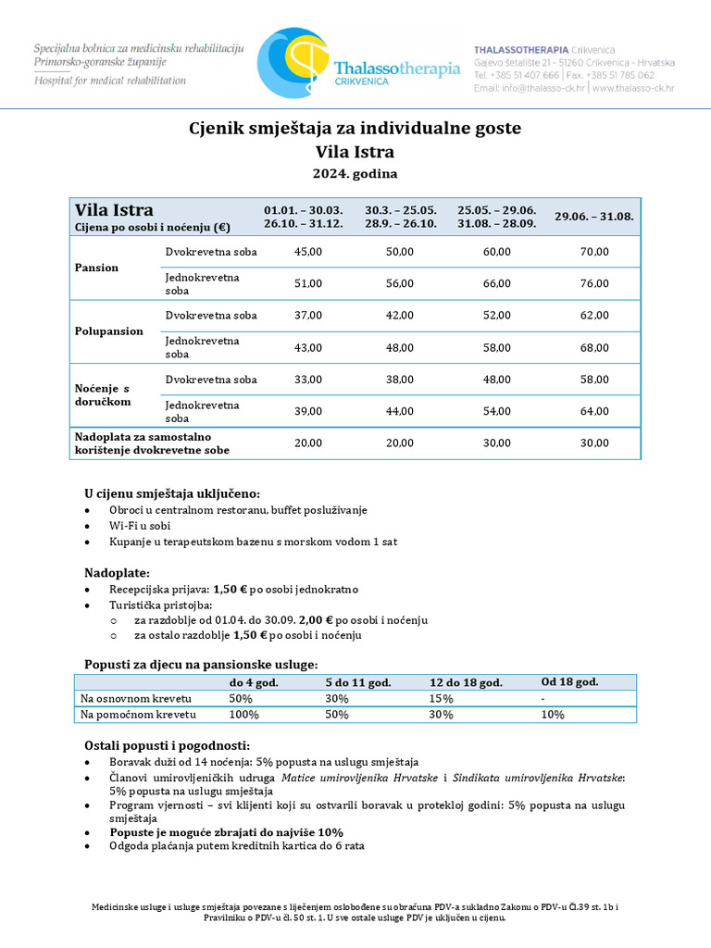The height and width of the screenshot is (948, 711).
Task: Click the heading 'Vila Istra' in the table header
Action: coord(114,210)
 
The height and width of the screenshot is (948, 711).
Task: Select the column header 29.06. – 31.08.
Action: coord(594,217)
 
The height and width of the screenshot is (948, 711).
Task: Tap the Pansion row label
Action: coord(97,268)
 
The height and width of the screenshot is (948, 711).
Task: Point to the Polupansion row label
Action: coord(109,331)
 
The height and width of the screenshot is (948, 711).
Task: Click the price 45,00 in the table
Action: coord(307,252)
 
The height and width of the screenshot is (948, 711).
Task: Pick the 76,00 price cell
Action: coord(594,284)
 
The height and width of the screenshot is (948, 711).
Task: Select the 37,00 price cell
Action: coord(307,316)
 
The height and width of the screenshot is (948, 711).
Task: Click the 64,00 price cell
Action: coord(594,412)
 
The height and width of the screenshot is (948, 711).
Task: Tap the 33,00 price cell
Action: coord(307,380)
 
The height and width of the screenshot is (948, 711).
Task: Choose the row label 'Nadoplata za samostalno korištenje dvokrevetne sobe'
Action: coord(152,443)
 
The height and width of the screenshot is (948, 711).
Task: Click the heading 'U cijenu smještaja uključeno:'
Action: coord(172,493)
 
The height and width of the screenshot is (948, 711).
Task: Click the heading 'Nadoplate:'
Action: coord(117,573)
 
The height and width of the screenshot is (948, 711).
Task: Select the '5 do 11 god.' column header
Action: coord(357,682)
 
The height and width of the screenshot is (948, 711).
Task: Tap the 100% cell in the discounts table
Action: coord(244,715)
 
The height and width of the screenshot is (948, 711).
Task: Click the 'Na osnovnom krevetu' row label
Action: coord(136,699)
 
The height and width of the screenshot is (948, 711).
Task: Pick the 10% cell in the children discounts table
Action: coord(553,715)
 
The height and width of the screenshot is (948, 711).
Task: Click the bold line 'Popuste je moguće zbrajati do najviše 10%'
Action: coord(226,832)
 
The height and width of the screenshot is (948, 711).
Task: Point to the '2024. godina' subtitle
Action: coord(355,173)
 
